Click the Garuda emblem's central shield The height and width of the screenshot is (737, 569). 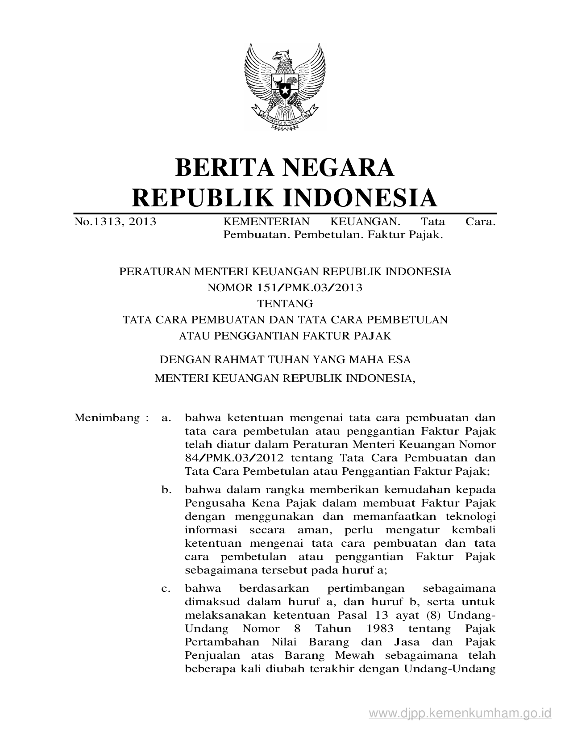[x=285, y=87]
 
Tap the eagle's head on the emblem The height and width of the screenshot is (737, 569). [x=281, y=57]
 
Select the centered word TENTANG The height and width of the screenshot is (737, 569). [x=285, y=304]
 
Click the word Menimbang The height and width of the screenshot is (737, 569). [x=107, y=418]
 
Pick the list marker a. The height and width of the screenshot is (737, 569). [x=166, y=418]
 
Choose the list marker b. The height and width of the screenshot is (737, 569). [x=166, y=490]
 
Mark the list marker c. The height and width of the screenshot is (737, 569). [x=166, y=589]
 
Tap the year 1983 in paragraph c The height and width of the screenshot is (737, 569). [x=378, y=629]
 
